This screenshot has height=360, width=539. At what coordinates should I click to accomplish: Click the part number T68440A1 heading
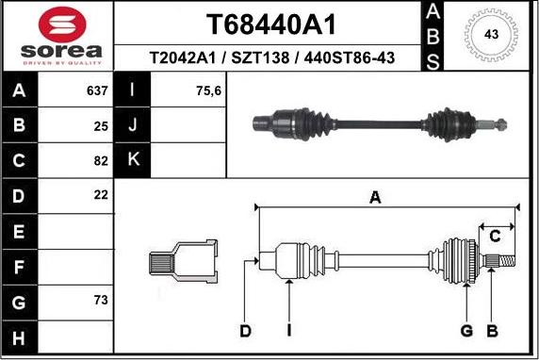pos(270,24)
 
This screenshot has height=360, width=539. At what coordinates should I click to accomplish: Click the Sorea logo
pos(57,35)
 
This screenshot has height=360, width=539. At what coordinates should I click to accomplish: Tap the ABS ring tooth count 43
pos(490,34)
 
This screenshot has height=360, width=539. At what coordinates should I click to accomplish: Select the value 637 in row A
pos(97,92)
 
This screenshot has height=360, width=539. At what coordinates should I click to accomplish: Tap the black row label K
pos(133,160)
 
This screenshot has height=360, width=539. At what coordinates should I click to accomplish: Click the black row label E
pos(19,230)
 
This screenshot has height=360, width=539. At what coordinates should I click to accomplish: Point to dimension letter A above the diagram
pos(375,198)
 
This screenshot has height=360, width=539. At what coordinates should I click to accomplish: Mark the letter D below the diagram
pos(245,330)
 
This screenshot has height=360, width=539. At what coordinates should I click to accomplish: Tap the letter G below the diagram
pos(465,330)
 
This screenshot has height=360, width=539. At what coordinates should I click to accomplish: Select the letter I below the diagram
pos(290,330)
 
